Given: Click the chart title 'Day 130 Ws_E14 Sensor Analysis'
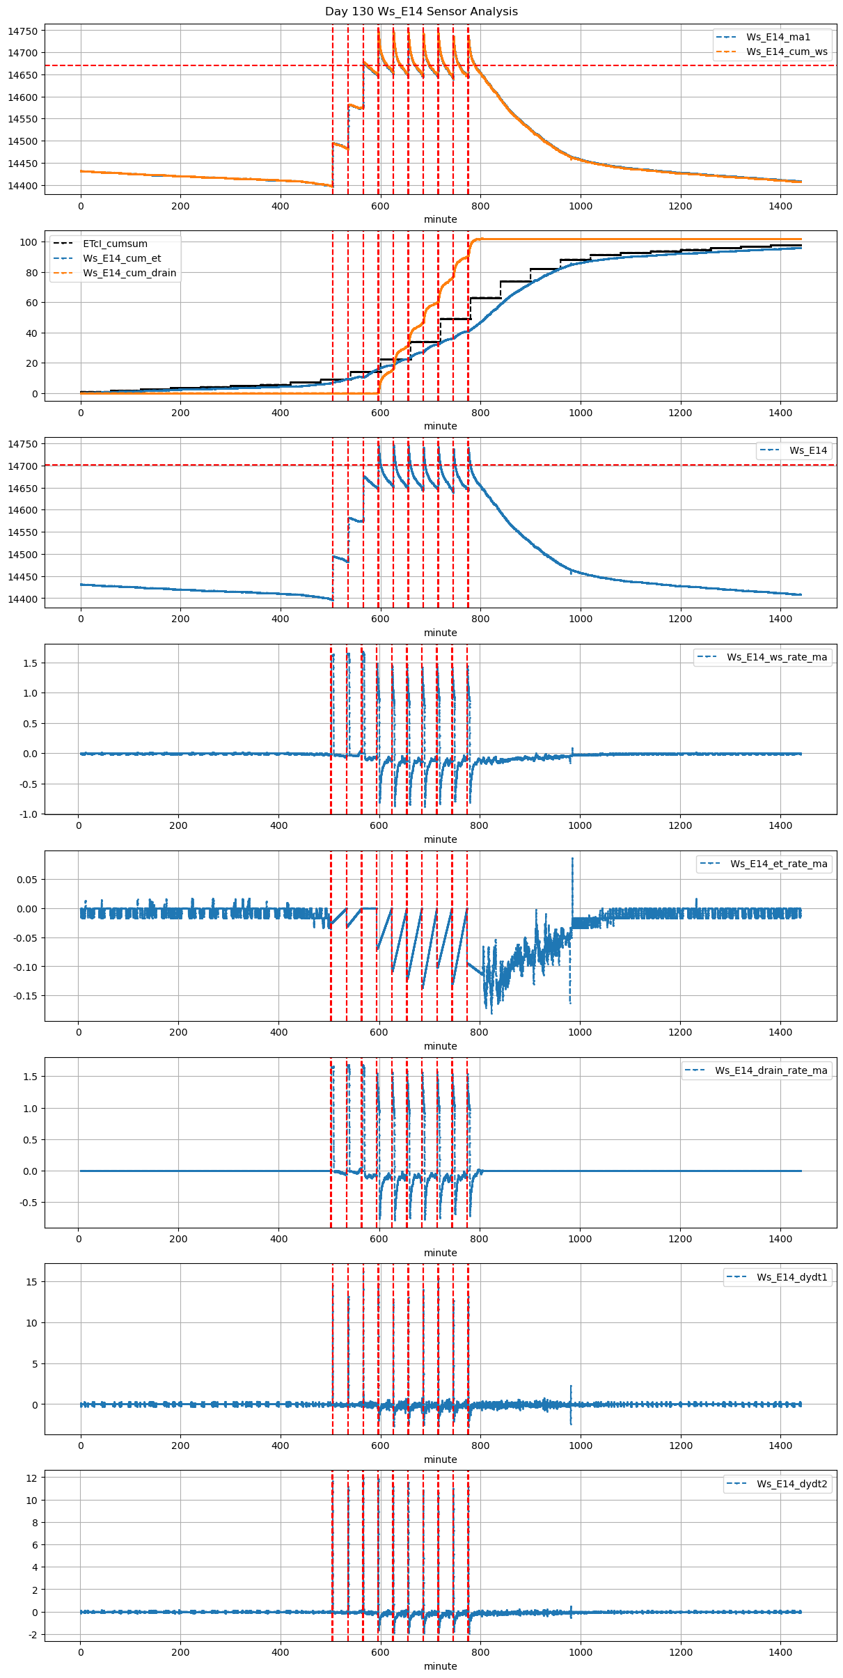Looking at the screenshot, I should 421,11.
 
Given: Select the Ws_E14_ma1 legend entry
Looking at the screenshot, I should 778,37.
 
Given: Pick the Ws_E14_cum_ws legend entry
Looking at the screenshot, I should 787,52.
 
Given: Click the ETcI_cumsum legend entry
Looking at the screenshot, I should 115,244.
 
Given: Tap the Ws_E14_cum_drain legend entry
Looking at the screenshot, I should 129,273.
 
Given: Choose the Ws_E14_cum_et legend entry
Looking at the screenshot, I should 122,258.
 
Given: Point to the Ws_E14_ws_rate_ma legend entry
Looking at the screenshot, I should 777,657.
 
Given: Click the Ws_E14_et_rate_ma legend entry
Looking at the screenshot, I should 778,864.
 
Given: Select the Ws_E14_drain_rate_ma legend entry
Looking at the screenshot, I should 771,1070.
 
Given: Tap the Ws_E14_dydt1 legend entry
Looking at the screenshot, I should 792,1277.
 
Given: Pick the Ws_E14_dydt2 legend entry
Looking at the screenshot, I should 792,1484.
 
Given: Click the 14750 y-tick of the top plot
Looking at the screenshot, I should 24,31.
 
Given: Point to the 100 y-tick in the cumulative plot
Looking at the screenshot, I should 29,242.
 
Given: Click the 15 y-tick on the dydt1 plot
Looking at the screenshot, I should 32,1282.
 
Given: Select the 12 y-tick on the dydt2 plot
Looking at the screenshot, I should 32,1477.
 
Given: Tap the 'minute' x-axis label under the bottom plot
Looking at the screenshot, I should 441,1666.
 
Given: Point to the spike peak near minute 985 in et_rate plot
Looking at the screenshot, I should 572,859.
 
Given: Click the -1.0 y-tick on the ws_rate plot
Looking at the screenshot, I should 29,814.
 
